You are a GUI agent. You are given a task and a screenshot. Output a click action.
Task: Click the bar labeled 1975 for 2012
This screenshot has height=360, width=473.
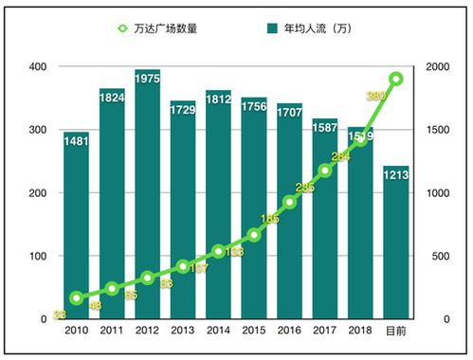[x=147, y=208]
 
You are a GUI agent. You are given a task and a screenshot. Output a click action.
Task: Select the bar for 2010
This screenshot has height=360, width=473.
[x=76, y=227]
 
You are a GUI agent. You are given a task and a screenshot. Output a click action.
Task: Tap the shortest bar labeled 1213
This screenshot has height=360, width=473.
[x=395, y=246]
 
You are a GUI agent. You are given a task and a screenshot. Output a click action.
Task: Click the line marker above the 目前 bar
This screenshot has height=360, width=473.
[x=395, y=79]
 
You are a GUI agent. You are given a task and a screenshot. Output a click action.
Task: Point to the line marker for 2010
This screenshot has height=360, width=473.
[x=76, y=298]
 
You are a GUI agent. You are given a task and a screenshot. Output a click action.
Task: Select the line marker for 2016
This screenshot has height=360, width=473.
[x=289, y=202]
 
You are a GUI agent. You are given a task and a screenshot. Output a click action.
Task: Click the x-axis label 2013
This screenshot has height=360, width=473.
[x=183, y=331]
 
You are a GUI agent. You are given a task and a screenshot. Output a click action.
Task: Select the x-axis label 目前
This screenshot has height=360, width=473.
[x=395, y=331]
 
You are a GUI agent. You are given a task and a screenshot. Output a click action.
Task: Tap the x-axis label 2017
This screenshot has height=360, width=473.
[x=324, y=331]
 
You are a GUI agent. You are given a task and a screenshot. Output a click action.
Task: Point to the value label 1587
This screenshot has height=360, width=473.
[x=324, y=126]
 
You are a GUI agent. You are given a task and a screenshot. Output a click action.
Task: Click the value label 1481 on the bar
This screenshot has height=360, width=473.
[x=76, y=141]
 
